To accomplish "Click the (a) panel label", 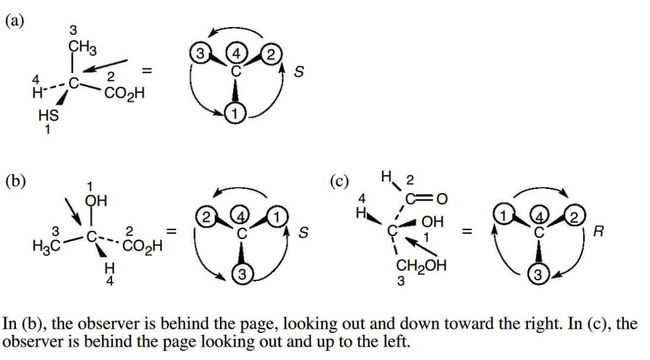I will (15, 21).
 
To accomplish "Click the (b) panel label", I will (15, 181).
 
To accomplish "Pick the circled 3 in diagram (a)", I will (199, 54).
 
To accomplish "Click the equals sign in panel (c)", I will (464, 233).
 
